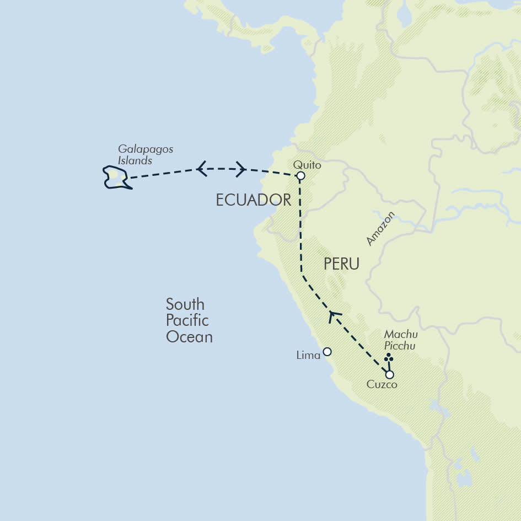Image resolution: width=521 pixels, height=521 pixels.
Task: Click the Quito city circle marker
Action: pos(300,176)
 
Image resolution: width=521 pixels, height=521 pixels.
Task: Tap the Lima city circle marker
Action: pos(327,352)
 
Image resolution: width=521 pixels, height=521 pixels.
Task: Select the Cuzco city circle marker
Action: pos(389,374)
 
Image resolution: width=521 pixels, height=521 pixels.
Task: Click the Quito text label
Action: pos(307,164)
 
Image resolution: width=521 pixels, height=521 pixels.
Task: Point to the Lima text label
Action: pos(308,356)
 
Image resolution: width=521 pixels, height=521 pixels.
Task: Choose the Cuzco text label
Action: pos(382,385)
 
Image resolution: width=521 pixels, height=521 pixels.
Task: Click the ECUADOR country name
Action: pos(253,200)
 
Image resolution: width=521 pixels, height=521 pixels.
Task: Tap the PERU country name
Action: pos(341,264)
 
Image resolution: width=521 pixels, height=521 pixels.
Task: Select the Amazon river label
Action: pos(381,228)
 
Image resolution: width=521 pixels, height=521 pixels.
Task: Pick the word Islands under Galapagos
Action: pos(135,161)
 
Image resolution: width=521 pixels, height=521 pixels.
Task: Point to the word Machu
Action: pos(401,335)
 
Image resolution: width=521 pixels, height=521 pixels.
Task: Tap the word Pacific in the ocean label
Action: pos(187,320)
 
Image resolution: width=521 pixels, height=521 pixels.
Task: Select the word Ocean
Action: pos(189,337)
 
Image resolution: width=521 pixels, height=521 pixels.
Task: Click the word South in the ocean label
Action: pos(185,304)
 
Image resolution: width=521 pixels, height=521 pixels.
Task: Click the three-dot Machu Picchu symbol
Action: pos(389,359)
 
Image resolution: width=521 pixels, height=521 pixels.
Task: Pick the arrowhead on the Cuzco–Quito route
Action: pos(332,316)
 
